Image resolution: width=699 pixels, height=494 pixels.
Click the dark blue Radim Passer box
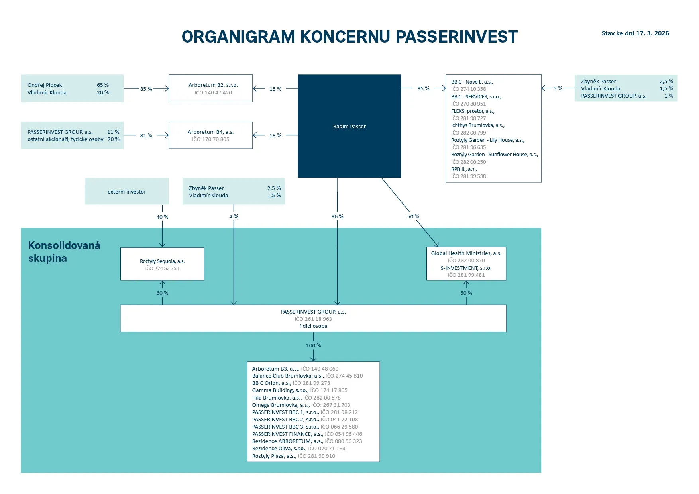pos(349,126)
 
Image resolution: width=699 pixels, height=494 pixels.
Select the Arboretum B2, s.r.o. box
pos(210,88)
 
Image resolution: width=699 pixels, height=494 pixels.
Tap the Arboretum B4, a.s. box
pos(210,135)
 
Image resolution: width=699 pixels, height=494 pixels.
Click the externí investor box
pos(127,192)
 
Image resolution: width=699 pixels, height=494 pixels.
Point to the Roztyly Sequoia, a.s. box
pos(162,264)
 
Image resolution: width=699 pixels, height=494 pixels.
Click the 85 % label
pos(146,89)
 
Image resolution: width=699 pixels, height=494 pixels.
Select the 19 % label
pos(275,135)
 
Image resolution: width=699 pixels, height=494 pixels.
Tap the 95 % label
pos(423,88)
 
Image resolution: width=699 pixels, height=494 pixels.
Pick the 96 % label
pos(337,216)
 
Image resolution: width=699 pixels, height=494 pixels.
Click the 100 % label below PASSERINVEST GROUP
pos(313,345)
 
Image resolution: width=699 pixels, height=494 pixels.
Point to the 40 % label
pos(162,217)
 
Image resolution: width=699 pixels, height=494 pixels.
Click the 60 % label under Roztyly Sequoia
pos(162,293)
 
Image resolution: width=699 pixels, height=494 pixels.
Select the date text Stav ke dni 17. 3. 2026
pos(635,33)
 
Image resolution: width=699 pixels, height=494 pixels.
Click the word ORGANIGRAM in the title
pos(238,37)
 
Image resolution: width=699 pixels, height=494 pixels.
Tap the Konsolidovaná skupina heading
pos(64,251)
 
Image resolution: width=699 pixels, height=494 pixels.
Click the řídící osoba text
pos(313,326)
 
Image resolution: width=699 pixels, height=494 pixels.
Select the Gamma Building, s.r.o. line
pos(280,390)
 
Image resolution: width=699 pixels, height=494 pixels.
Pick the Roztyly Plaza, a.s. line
pos(274,456)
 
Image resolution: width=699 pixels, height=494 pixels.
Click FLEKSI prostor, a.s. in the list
pos(473,111)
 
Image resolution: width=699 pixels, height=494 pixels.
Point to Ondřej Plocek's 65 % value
pos(103,85)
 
